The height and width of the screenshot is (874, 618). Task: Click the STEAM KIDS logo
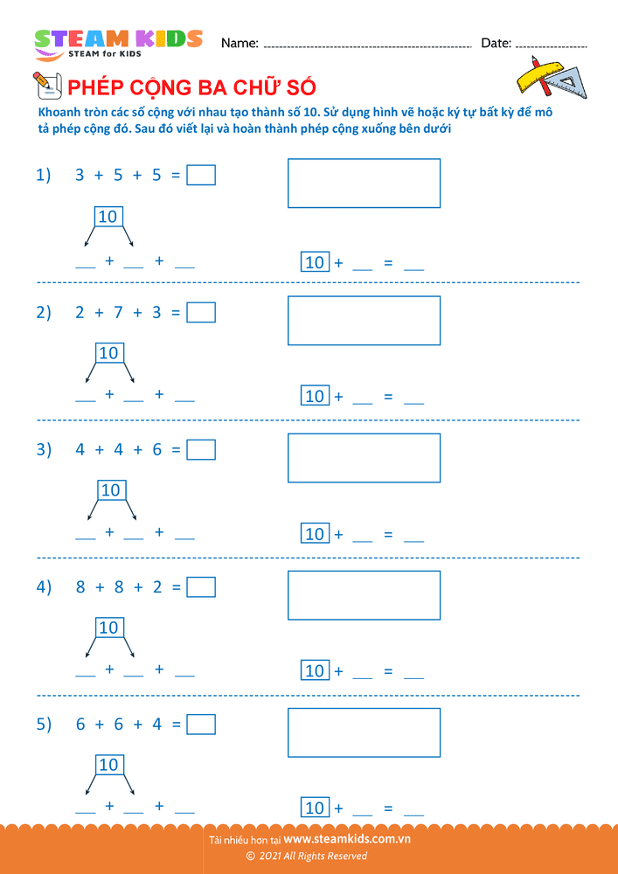tap(118, 44)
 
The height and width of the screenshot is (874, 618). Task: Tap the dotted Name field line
tap(367, 48)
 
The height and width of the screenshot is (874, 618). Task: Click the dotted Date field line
tap(551, 48)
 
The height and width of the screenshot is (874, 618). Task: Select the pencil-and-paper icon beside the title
tap(47, 86)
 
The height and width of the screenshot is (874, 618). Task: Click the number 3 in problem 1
tap(80, 176)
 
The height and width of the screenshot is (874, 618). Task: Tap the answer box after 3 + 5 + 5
tap(201, 175)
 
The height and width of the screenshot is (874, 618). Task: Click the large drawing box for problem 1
tap(364, 184)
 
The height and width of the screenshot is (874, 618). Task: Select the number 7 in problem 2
tap(118, 313)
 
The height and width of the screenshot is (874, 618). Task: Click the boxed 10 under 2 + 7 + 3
tap(109, 353)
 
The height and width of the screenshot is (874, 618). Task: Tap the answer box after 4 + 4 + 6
tap(201, 450)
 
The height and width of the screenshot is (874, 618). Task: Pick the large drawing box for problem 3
tap(364, 458)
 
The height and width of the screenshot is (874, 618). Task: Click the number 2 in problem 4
tap(157, 587)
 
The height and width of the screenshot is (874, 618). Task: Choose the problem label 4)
tap(44, 587)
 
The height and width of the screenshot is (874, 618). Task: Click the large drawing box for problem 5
tap(364, 732)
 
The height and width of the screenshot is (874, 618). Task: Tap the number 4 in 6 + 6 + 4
tap(157, 725)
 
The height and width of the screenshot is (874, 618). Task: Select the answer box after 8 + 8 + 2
tap(201, 587)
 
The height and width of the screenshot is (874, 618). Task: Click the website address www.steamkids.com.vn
tap(347, 839)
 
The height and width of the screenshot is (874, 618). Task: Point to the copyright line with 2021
tap(307, 856)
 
